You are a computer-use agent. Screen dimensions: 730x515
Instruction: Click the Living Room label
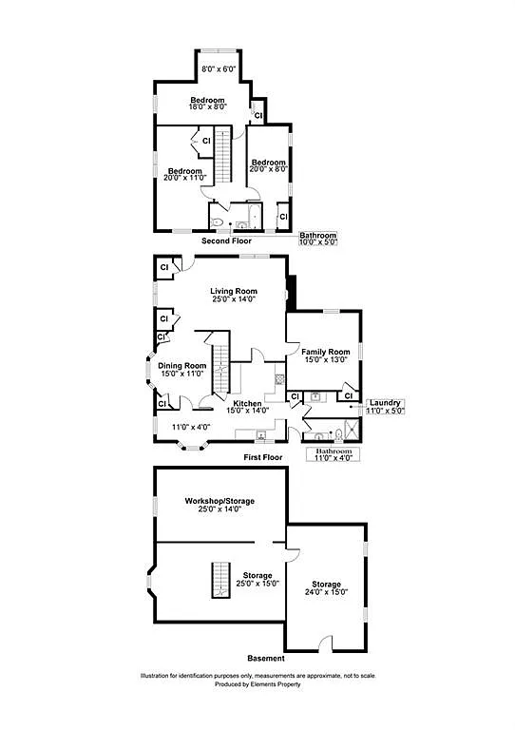tap(234, 291)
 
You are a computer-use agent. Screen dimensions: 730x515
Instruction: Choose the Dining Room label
tap(182, 366)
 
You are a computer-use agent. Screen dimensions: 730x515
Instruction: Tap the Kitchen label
tap(248, 403)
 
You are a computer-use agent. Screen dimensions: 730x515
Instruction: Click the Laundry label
tap(386, 402)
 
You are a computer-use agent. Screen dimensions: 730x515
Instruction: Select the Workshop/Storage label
tap(219, 500)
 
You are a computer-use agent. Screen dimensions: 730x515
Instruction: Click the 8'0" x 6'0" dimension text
tap(219, 68)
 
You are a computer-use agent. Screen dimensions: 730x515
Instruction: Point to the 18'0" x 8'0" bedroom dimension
tap(207, 108)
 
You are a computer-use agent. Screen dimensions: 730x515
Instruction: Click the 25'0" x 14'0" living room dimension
tap(234, 299)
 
